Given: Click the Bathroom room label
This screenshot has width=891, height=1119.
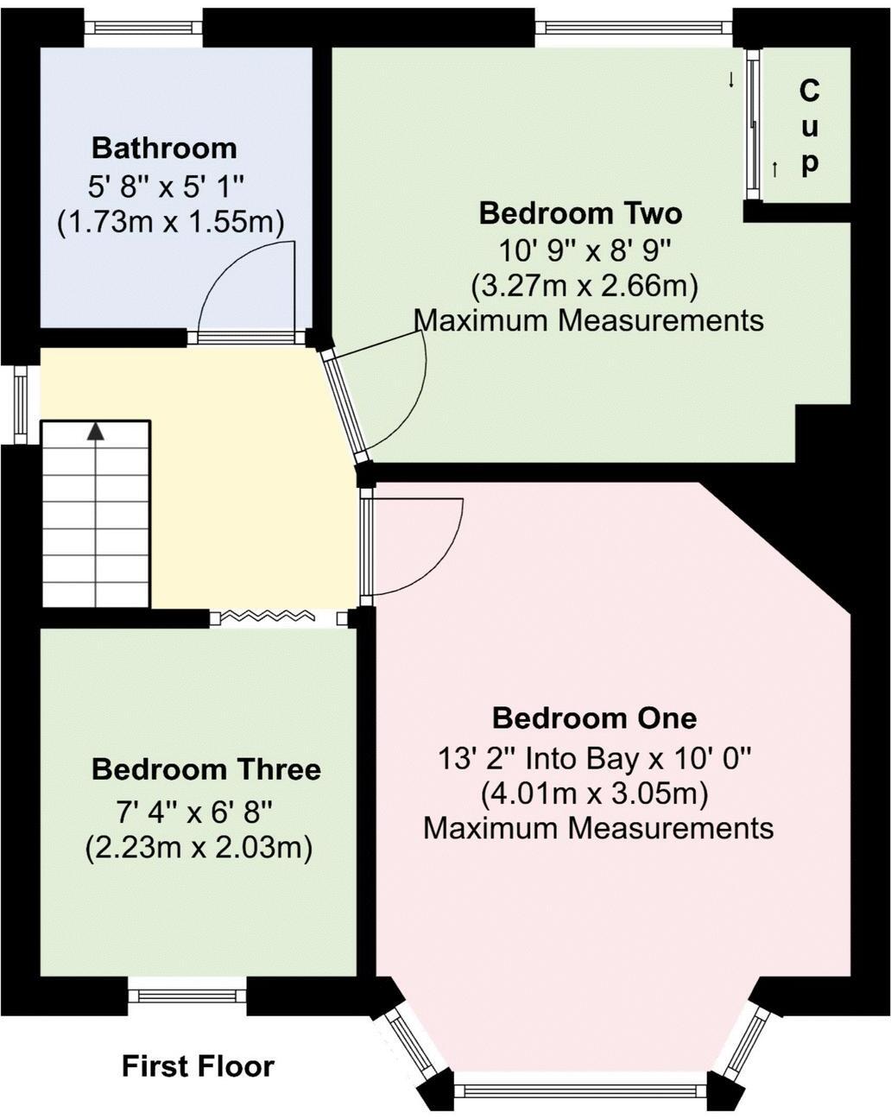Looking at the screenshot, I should [x=164, y=148].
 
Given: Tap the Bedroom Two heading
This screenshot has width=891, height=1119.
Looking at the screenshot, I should [x=580, y=212].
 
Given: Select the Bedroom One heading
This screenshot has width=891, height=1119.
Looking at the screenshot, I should [x=594, y=718].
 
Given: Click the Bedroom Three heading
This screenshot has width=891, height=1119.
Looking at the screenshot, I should [x=205, y=769].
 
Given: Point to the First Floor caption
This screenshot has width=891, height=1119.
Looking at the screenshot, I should [x=198, y=1066].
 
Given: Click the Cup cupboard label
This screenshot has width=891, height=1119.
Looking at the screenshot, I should [x=809, y=126].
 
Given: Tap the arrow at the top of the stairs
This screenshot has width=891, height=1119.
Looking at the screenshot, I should [x=95, y=431].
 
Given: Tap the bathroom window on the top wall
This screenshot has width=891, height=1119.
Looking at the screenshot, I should [x=144, y=28].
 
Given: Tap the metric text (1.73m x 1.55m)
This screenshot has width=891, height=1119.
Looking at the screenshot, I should [x=170, y=223].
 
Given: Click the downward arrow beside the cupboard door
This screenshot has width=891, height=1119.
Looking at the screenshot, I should [x=731, y=80].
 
